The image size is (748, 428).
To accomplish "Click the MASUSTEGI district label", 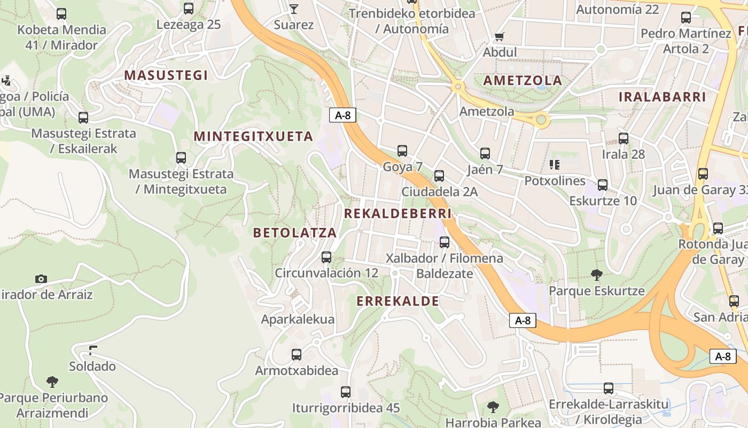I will tap(166, 75).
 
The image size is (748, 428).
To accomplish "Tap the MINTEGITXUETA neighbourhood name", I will tap(253, 136).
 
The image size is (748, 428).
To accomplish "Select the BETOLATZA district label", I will tap(295, 233).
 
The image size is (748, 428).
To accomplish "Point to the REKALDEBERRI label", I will tap(398, 213).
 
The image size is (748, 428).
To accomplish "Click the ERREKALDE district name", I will tap(398, 301).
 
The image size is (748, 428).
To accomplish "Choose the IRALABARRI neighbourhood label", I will tap(662, 97).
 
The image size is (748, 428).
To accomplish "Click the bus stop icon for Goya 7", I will tap(402, 151).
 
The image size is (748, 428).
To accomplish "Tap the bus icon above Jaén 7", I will tap(485, 154).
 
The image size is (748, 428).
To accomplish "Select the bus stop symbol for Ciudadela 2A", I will tap(439, 175).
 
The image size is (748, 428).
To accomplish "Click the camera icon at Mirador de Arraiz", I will tap(41, 279).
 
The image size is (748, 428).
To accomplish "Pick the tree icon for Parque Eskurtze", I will tap(597, 275).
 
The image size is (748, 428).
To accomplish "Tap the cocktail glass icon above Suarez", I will tap(293, 9).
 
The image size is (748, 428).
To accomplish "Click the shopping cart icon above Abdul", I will tap(500, 36).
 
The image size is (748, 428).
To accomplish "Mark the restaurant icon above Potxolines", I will tap(555, 165).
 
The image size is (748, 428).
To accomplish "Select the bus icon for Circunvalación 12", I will tap(326, 257).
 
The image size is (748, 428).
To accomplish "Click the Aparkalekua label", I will tap(298, 319).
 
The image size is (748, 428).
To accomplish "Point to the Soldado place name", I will tap(92, 366).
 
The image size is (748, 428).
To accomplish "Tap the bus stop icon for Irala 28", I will tap(624, 139).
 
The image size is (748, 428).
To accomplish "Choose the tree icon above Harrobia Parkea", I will tap(493, 407).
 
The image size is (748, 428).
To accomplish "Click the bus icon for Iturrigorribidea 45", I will tap(346, 392).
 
